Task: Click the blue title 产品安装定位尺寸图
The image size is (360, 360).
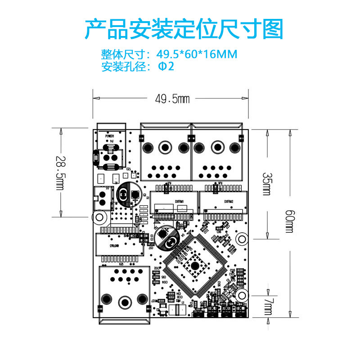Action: [x=184, y=29]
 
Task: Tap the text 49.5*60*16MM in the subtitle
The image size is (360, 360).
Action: [x=197, y=54]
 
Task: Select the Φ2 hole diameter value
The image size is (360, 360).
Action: [x=165, y=67]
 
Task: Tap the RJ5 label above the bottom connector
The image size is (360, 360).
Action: [x=121, y=265]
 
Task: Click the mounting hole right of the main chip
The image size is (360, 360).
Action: [x=242, y=238]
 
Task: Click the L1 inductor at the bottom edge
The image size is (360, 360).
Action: [x=177, y=310]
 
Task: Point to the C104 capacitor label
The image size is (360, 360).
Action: [x=164, y=282]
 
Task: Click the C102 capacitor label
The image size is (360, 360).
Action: [x=157, y=268]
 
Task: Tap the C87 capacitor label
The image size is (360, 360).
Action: [x=151, y=247]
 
